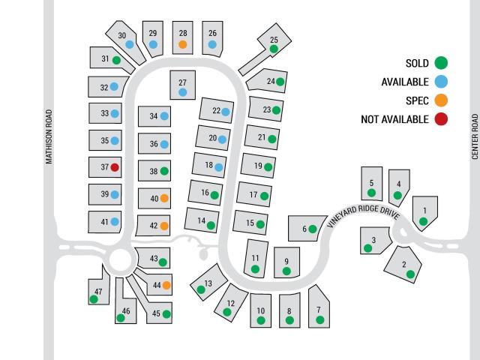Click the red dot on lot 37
click(115, 167)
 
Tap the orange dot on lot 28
click(183, 44)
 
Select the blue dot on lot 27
click(183, 92)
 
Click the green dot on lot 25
click(274, 49)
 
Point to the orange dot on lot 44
click(166, 285)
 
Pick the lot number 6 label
click(304, 229)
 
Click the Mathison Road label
click(49, 136)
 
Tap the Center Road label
click(475, 136)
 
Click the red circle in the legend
click(441, 119)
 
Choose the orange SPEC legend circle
click(441, 100)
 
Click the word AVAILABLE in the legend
click(405, 82)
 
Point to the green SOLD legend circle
click(441, 63)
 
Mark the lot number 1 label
click(425, 211)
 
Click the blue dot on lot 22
click(226, 112)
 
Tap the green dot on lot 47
click(94, 299)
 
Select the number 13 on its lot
click(208, 283)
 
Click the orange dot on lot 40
click(164, 198)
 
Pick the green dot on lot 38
click(164, 171)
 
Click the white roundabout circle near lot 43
click(120, 260)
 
